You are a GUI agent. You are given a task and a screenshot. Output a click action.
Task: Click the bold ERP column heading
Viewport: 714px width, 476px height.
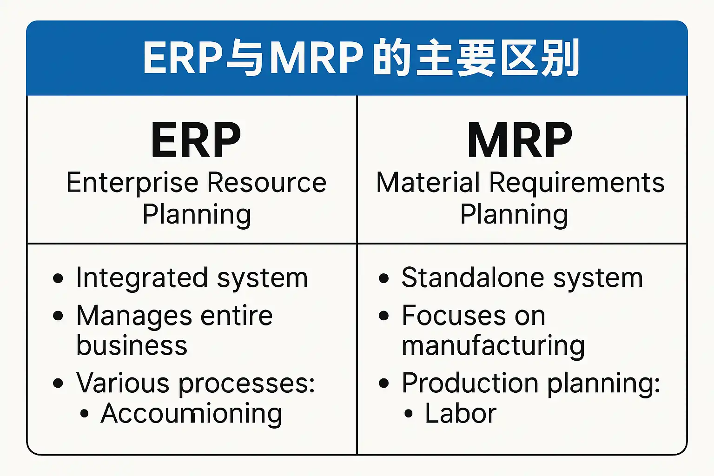[196, 140]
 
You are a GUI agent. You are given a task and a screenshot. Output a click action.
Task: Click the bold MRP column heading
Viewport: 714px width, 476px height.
[520, 140]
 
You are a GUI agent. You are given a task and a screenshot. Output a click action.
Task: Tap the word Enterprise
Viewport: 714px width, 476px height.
[132, 182]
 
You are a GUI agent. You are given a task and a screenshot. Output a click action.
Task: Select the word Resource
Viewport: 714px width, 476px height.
[267, 182]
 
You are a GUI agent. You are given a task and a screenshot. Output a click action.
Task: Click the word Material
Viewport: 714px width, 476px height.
[428, 182]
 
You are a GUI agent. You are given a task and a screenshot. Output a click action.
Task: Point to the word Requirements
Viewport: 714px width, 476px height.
[577, 182]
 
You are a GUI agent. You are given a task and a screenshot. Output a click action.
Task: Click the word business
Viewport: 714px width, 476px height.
[132, 345]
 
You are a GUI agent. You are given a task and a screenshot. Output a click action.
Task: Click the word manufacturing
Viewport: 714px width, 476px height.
[493, 346]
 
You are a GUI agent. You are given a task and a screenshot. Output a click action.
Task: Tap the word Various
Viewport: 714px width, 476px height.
[123, 383]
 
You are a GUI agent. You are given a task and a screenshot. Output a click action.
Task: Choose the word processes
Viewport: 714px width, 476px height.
[246, 384]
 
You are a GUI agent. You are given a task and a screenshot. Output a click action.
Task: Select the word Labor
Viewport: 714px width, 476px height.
[461, 414]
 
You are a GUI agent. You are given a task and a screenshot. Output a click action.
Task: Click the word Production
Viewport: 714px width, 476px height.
[470, 383]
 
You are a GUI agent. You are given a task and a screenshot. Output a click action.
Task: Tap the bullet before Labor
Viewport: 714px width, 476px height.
[408, 413]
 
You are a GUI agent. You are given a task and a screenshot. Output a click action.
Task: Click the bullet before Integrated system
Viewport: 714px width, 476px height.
[58, 278]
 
